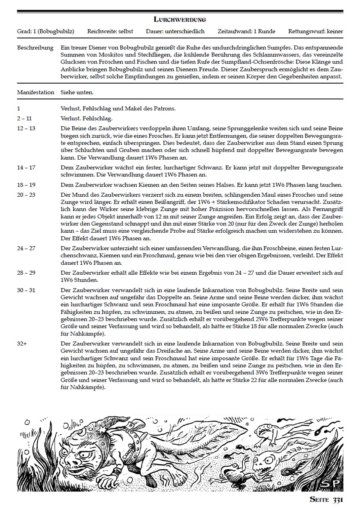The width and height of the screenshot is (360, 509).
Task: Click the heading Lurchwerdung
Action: coord(180,19)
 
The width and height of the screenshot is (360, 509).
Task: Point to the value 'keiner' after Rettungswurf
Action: coord(334,31)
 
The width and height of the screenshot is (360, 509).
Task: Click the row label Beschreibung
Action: coord(35,48)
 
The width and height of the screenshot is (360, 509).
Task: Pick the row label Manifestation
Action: coord(36,92)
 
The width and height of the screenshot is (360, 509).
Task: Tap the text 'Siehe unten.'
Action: coord(77,92)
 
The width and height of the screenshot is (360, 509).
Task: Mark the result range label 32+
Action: coord(22,344)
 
